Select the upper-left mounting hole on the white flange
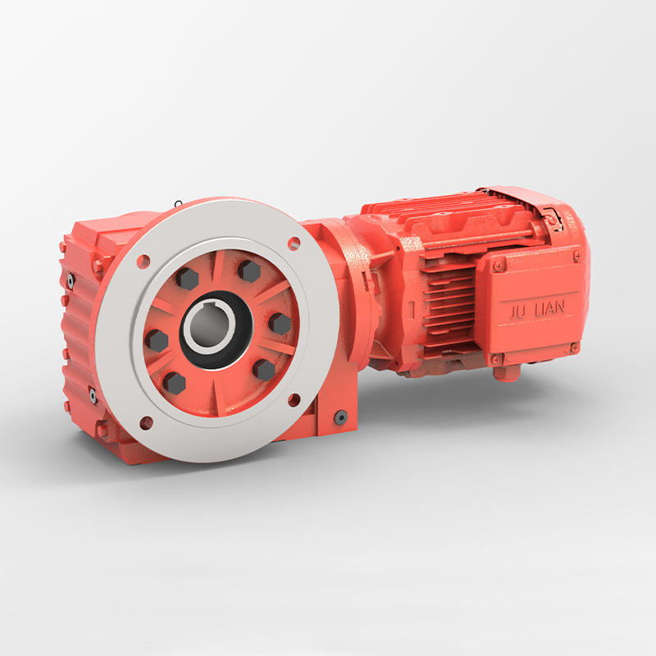(144, 262)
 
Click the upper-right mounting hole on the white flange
(294, 243)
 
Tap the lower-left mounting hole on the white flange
(147, 423)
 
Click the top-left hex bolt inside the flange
(188, 280)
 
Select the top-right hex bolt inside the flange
(249, 271)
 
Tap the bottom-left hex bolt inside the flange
(174, 381)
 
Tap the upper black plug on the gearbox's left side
(71, 280)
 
